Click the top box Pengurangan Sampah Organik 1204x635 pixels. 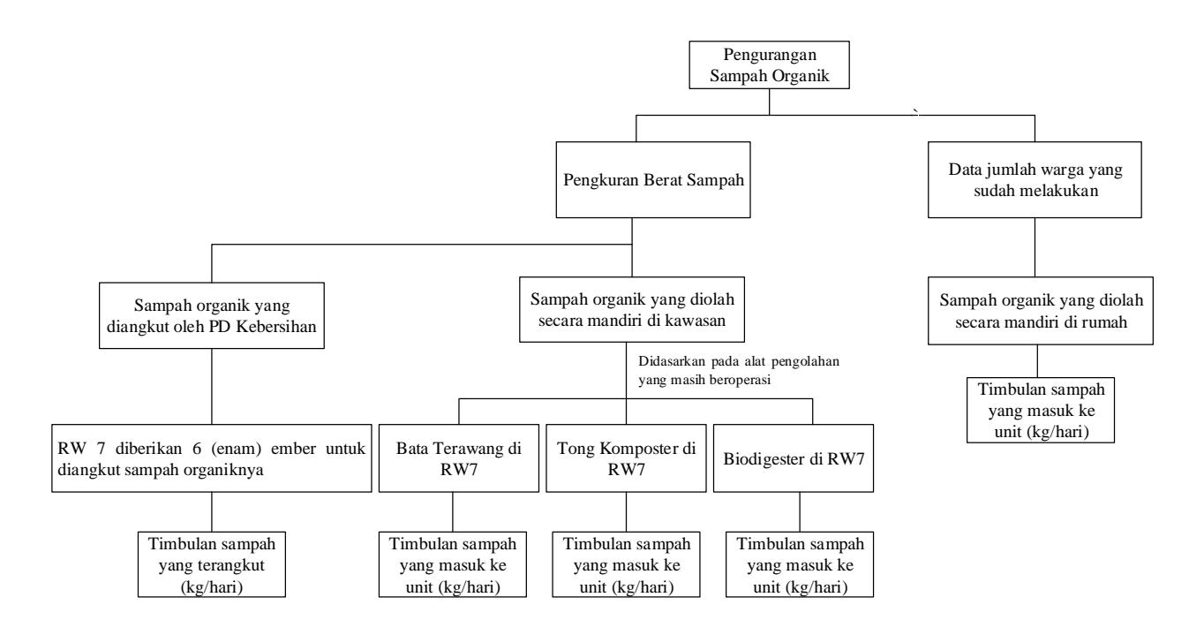(769, 64)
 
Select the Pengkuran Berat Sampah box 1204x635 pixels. (653, 179)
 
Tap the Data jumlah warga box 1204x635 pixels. (1035, 179)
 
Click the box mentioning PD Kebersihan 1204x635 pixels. (212, 315)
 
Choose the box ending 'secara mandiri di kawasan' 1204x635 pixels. (631, 309)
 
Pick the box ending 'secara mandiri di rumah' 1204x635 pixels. (1041, 311)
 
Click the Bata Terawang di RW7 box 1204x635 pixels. (458, 458)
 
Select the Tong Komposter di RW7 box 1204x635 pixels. (626, 458)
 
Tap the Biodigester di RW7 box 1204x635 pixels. (794, 458)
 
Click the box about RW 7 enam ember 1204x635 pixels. (212, 458)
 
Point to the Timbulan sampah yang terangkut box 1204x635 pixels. (212, 564)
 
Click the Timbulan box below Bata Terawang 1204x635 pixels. (453, 564)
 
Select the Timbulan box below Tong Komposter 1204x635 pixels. (626, 564)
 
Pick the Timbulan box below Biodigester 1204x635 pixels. (800, 564)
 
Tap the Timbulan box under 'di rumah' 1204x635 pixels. (1041, 411)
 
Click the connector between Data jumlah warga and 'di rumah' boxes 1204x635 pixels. (1035, 247)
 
